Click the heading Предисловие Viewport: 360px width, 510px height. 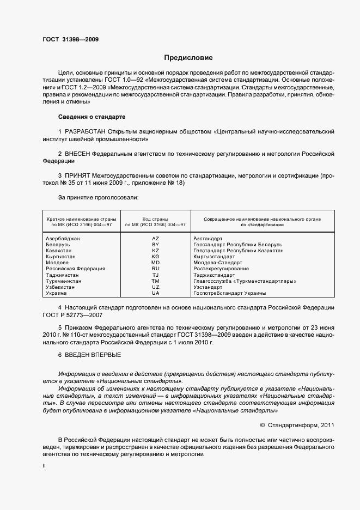(x=188, y=57)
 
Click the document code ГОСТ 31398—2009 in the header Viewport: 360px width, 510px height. (x=70, y=39)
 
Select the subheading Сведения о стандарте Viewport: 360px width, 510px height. (x=91, y=117)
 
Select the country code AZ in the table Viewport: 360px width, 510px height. (x=155, y=239)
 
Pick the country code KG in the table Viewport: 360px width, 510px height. (x=155, y=256)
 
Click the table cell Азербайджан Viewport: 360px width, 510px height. (x=63, y=239)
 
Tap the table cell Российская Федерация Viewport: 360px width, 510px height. (x=75, y=269)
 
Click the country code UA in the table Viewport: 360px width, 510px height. (x=155, y=293)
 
